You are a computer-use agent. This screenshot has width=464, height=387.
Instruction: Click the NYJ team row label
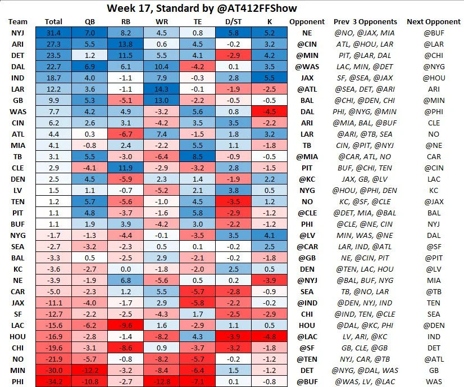(17, 33)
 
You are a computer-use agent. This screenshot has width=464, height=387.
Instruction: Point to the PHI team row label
(17, 381)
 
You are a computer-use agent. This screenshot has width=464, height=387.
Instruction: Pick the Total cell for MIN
(53, 371)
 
